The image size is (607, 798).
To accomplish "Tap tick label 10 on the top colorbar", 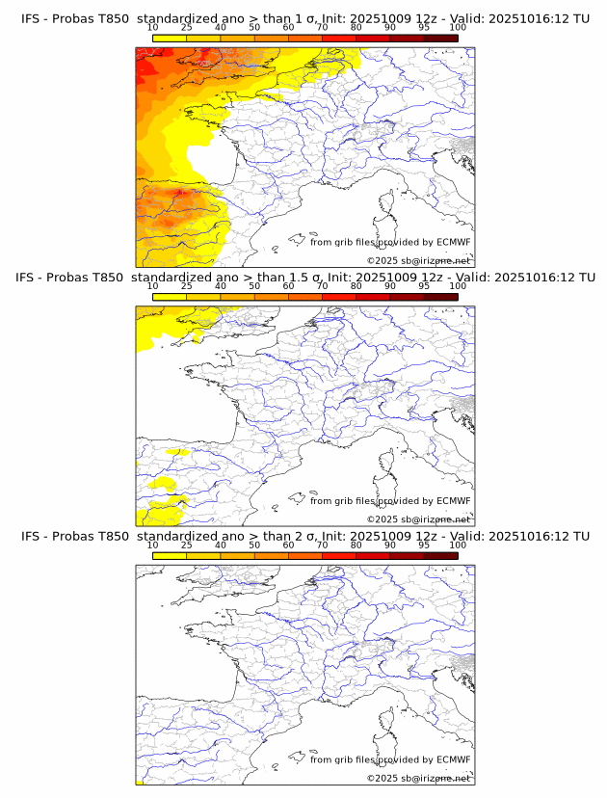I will point(152,28).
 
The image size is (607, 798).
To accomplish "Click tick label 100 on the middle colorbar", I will point(458,286).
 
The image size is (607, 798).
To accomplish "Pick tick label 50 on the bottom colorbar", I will point(254,545).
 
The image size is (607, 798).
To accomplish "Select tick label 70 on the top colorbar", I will point(322,28).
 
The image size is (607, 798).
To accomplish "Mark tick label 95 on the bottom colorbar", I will point(424,545).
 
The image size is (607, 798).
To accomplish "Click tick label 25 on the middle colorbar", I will point(186,286).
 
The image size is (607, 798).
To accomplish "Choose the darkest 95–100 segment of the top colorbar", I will point(440,38).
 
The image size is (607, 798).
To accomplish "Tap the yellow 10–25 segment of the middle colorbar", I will point(170,296).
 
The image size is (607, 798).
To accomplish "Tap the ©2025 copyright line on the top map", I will point(419,260).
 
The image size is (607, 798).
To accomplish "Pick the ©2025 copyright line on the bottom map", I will point(419,777).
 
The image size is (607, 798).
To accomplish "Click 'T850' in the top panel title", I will point(108,19).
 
